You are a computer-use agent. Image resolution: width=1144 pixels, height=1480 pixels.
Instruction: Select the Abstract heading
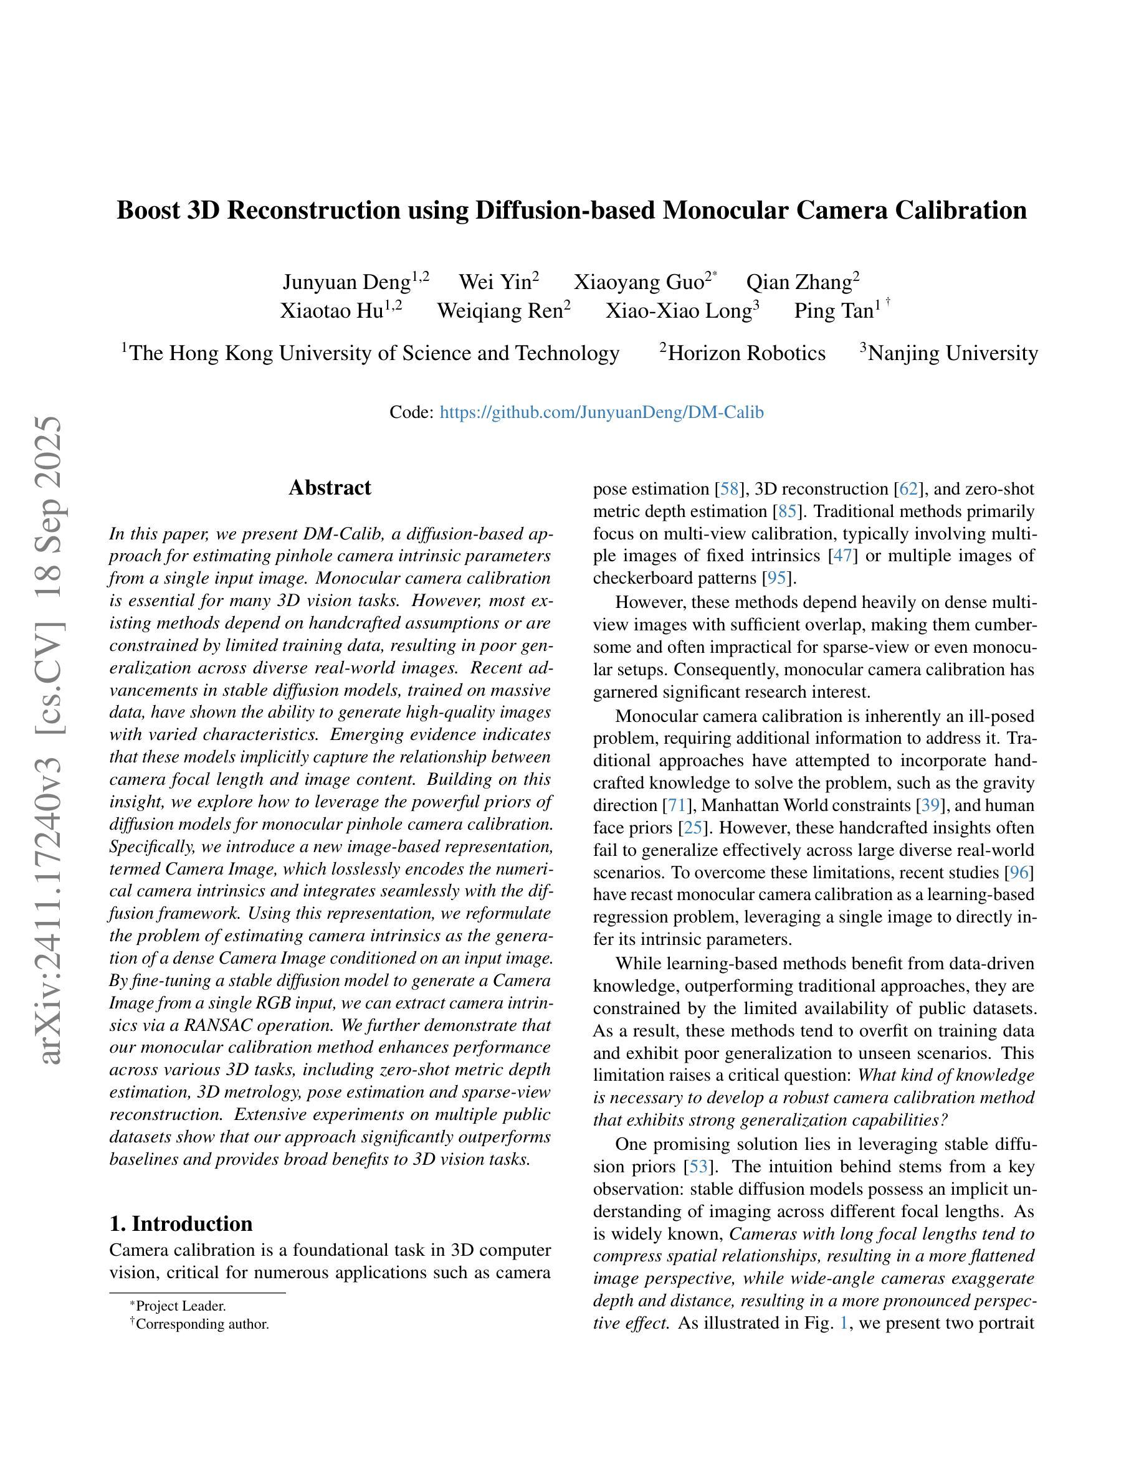[x=330, y=488]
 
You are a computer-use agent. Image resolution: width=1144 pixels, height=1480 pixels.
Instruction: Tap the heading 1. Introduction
[x=181, y=1223]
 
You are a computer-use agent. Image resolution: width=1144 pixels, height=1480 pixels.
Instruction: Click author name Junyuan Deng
[x=346, y=282]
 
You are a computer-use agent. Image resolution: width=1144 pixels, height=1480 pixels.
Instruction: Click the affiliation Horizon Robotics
[x=746, y=353]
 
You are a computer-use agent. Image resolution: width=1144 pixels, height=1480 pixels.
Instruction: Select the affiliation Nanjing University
[x=952, y=353]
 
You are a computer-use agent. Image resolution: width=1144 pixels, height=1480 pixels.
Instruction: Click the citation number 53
[x=697, y=1167]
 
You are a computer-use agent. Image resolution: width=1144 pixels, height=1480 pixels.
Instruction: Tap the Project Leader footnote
[x=180, y=1306]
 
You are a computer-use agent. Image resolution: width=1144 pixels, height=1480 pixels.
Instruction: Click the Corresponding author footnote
[x=202, y=1324]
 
